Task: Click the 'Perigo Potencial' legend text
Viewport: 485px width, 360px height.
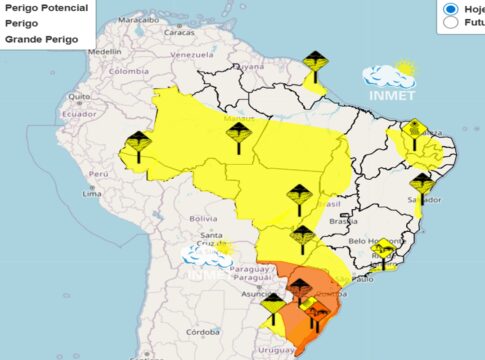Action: tap(46, 7)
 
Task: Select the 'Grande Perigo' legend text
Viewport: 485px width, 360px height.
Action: tap(39, 39)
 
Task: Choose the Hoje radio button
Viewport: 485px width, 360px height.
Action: tap(451, 7)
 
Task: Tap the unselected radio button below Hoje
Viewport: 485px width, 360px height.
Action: tap(451, 21)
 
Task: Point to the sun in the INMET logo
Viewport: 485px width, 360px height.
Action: tap(404, 69)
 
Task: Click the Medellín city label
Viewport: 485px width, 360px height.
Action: tap(104, 50)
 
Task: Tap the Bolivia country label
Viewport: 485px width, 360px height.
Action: tap(203, 218)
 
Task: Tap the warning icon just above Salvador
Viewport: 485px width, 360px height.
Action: tap(422, 183)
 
